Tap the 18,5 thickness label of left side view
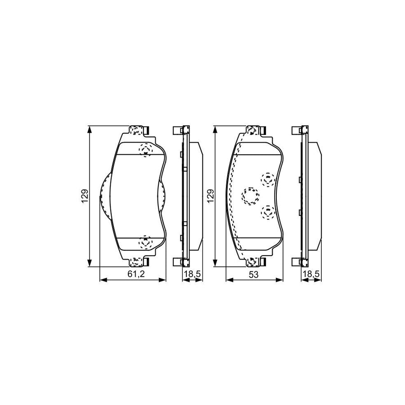tap(190, 274)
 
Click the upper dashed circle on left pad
tap(145, 149)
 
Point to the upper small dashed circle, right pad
tap(268, 179)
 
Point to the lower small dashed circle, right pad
tap(268, 211)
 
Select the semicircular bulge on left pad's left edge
tap(103, 196)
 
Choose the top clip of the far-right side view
tap(301, 130)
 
